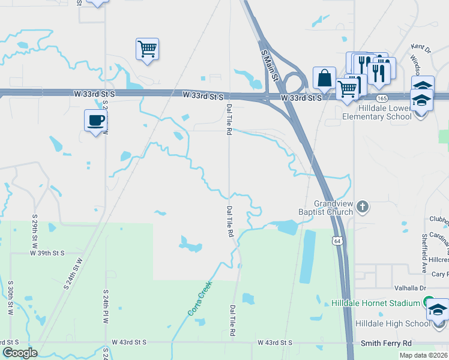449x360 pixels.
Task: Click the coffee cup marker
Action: [x=95, y=120]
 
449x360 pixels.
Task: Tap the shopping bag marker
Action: [x=324, y=78]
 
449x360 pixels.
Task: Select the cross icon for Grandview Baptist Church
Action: [x=361, y=207]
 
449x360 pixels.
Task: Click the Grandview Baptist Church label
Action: [x=325, y=207]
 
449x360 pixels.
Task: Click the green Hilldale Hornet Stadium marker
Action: [x=428, y=302]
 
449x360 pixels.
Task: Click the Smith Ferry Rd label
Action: [x=386, y=343]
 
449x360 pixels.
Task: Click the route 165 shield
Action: [x=381, y=97]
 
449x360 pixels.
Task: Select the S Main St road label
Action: [x=271, y=65]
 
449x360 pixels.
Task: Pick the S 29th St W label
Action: [x=35, y=230]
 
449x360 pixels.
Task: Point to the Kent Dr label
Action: [x=421, y=47]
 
